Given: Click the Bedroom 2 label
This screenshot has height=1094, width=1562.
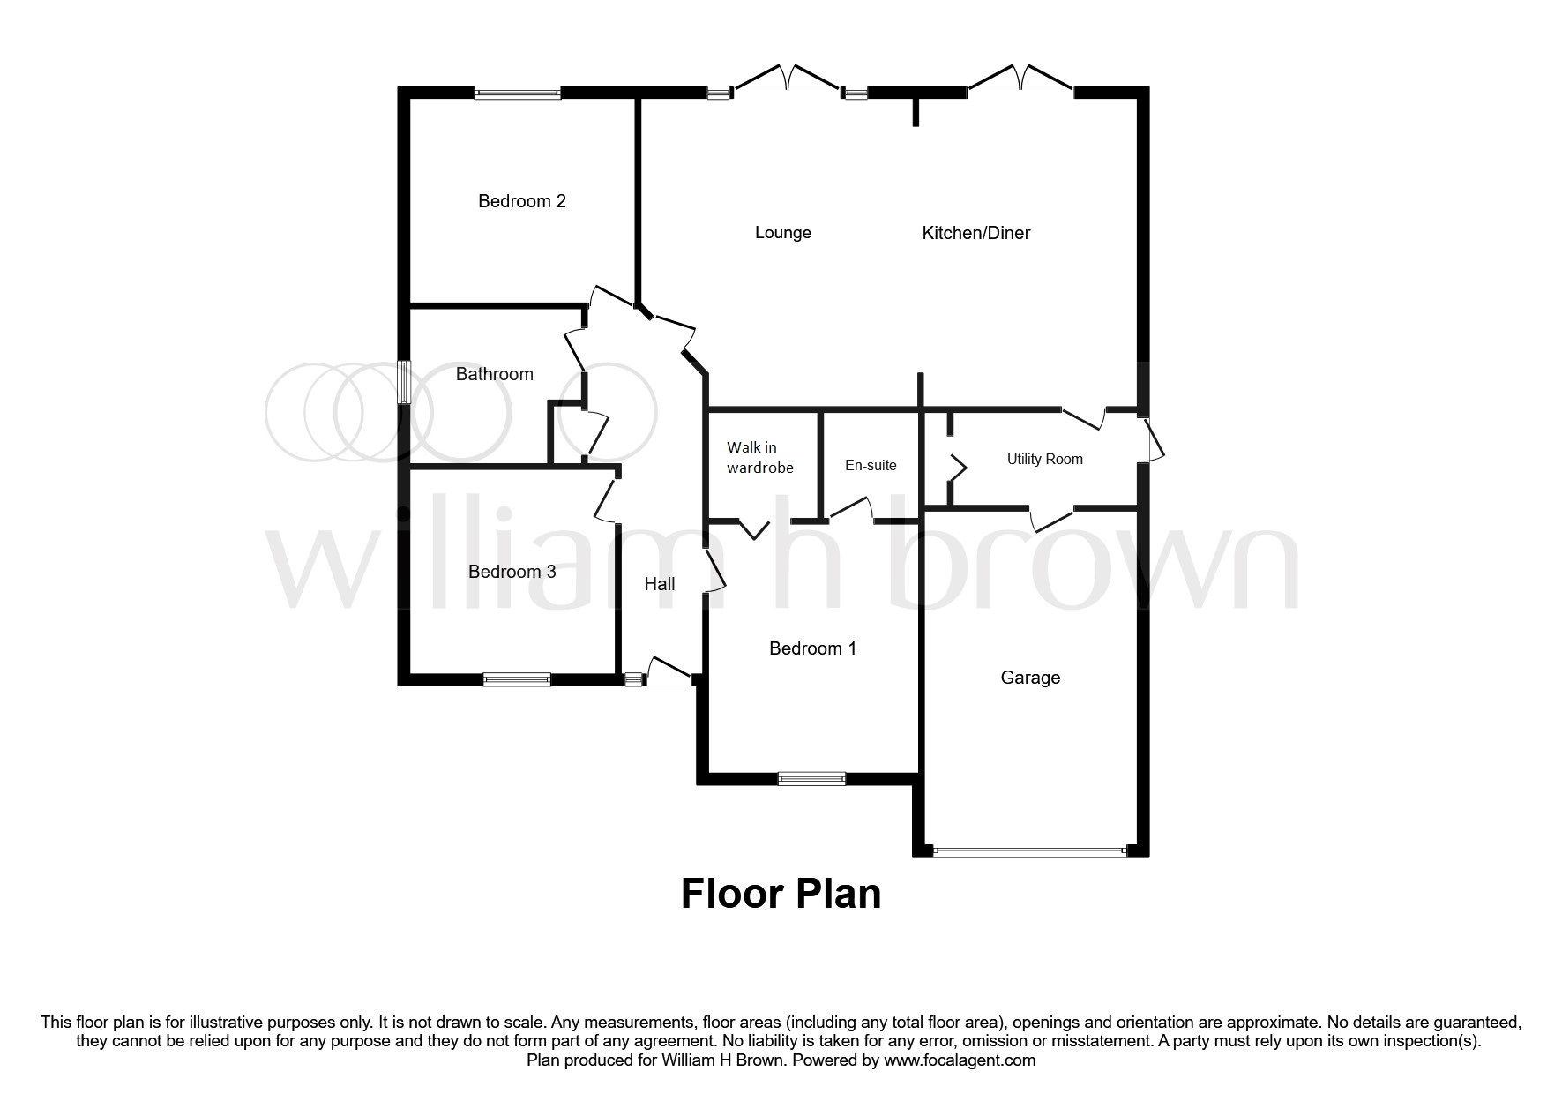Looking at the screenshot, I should click(521, 201).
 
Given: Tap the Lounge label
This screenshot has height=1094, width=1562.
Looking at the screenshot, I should click(782, 233).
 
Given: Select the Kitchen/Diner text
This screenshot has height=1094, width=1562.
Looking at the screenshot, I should click(975, 233).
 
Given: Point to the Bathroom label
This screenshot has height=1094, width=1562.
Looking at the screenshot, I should click(494, 374).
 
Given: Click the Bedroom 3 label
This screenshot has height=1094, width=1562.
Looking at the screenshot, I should click(512, 572).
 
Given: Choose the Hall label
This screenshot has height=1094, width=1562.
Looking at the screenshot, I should click(659, 584).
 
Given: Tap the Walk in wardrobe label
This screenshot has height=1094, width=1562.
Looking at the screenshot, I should click(759, 458).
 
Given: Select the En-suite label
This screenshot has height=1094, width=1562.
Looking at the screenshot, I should click(871, 465).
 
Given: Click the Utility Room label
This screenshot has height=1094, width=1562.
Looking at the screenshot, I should click(1044, 459).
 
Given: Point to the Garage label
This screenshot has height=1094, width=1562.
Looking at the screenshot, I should click(1029, 678).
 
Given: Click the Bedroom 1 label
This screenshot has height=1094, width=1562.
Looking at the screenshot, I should click(812, 648).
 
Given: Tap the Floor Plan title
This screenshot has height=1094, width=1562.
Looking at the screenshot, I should click(781, 893).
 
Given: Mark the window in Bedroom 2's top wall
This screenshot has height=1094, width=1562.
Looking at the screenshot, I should click(518, 92).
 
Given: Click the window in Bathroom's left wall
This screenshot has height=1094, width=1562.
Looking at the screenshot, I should click(403, 383).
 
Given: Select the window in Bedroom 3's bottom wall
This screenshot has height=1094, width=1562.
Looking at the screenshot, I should click(517, 679).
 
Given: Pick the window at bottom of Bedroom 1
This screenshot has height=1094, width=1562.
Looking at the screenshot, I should click(811, 778).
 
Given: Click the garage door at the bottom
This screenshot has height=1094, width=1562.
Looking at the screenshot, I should click(1030, 851).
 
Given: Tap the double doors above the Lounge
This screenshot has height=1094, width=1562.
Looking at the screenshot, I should click(787, 80).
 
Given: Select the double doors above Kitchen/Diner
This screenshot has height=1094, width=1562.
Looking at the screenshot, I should click(1020, 80).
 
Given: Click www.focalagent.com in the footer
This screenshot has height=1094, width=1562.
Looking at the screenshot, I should click(960, 1060).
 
